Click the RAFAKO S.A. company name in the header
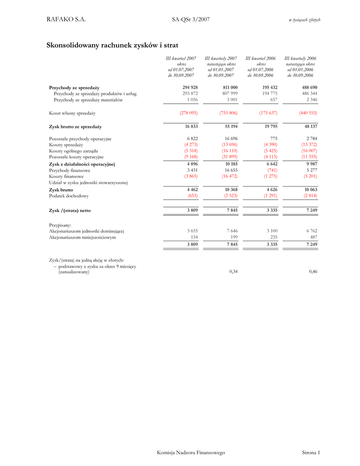click(66, 19)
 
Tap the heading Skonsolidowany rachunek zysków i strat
click(112, 45)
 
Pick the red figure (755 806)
click(228, 112)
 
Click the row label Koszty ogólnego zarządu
click(73, 151)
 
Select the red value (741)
click(272, 170)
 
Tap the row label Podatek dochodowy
click(69, 196)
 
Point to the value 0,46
click(313, 272)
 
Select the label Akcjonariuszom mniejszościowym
click(82, 237)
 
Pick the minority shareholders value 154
click(193, 237)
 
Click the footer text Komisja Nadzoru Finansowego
click(191, 452)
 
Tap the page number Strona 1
click(311, 452)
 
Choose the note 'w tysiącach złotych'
click(304, 20)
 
